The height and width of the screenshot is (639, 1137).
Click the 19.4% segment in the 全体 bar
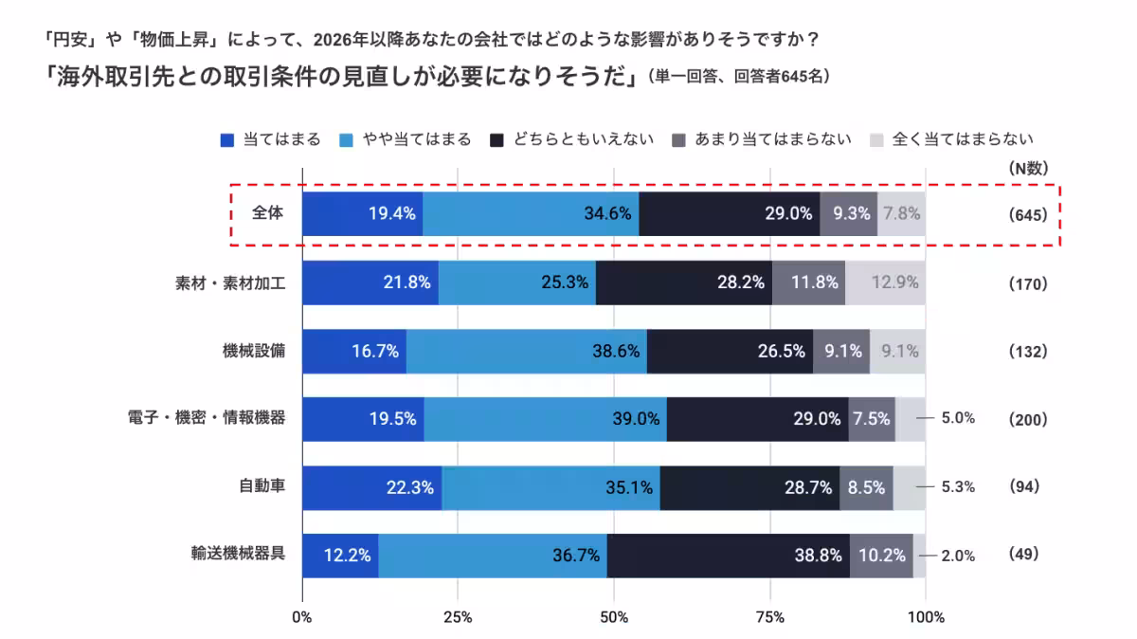[362, 213]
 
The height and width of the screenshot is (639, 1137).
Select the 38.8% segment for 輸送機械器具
[728, 556]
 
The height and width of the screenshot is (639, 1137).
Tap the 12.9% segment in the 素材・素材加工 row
[885, 283]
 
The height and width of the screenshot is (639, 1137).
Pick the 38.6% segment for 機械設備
[526, 351]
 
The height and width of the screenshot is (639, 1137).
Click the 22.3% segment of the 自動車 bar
[371, 487]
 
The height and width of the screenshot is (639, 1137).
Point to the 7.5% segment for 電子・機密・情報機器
[872, 419]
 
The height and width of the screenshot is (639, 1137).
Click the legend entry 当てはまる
[270, 139]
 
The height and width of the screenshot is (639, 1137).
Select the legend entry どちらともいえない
[572, 139]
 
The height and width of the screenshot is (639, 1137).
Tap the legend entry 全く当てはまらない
[950, 139]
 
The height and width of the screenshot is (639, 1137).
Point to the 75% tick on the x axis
[770, 618]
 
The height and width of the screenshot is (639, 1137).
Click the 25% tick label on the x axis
[458, 618]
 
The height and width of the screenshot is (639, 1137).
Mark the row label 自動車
[262, 486]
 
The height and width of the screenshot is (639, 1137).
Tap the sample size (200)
[1028, 419]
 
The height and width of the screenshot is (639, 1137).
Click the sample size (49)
[1024, 555]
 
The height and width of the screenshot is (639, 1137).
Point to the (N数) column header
[1028, 169]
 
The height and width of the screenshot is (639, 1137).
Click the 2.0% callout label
[958, 556]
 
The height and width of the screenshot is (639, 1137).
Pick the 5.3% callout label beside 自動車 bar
[958, 487]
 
